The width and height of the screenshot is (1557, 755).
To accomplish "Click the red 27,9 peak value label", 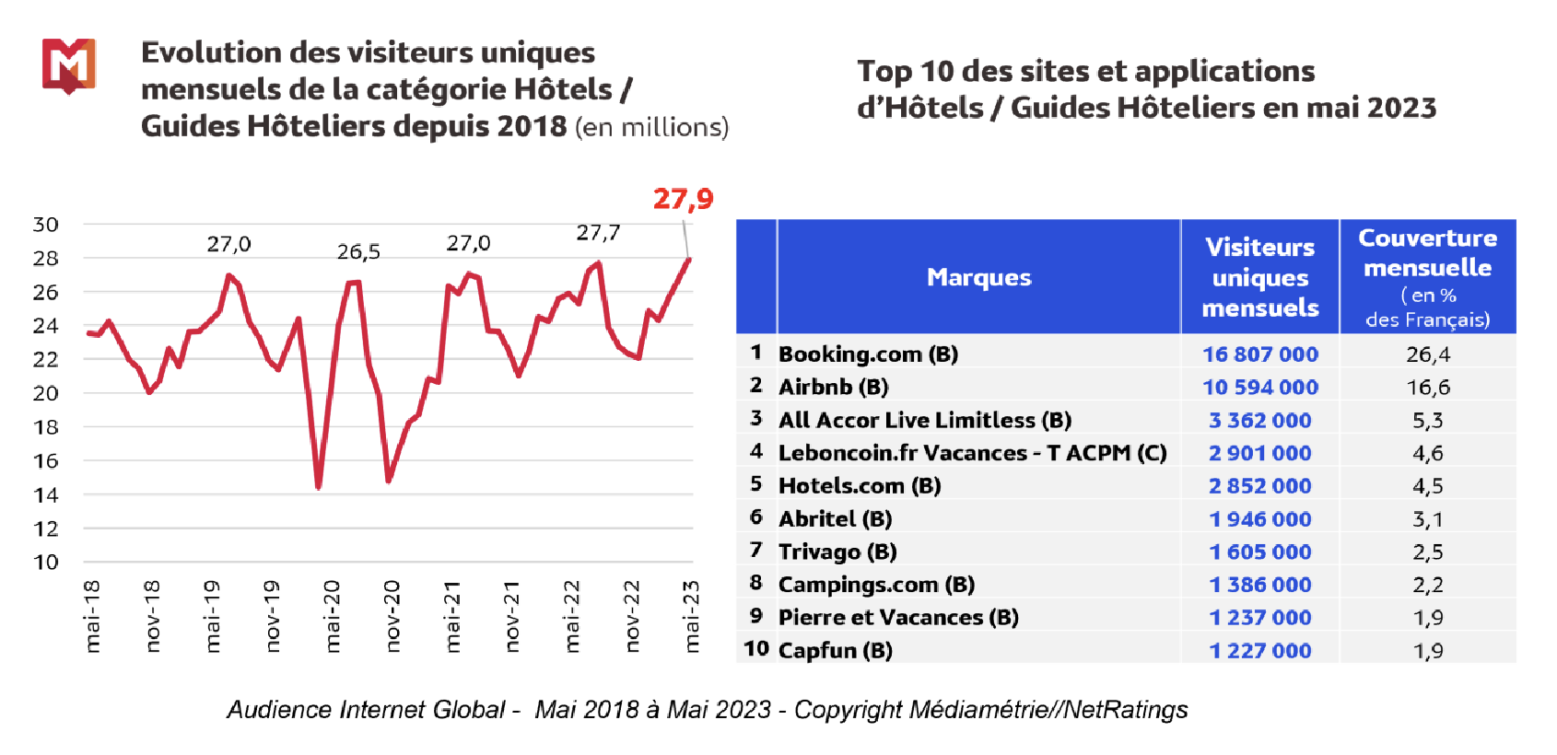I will tap(683, 199).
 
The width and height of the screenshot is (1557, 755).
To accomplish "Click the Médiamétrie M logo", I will tap(68, 65).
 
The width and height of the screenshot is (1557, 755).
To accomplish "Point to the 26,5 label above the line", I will tap(358, 251).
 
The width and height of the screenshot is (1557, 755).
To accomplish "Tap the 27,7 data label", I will tap(598, 233).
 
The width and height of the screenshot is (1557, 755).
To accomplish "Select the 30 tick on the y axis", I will tap(45, 225).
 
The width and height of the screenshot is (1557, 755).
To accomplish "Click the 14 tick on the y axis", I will tap(45, 495).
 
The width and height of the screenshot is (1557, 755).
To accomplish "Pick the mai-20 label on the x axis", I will tap(333, 616).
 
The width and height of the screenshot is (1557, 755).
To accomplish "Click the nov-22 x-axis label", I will tap(632, 616).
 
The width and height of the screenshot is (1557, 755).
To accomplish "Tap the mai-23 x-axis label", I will tap(692, 616).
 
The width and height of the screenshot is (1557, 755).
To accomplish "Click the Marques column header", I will tap(978, 277).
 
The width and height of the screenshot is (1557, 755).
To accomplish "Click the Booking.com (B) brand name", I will tap(868, 354).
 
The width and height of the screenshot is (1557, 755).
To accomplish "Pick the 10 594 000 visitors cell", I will tap(1259, 388).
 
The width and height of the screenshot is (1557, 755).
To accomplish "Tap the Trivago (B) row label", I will tap(837, 552).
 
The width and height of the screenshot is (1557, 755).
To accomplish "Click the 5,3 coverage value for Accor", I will tap(1427, 421).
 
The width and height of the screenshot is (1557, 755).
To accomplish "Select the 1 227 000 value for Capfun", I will tap(1259, 651).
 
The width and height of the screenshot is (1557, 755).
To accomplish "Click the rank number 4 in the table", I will tap(756, 452).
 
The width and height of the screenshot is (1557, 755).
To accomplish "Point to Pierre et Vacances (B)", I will tap(898, 618).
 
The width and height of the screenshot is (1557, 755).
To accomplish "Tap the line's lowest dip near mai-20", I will tap(318, 485).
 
